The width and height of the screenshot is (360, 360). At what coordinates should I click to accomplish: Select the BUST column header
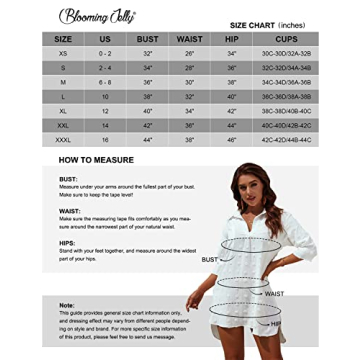(147, 39)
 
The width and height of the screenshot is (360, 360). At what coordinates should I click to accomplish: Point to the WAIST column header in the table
(189, 39)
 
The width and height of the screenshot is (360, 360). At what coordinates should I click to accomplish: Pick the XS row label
(63, 53)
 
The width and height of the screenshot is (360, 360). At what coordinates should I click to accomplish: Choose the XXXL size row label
(63, 139)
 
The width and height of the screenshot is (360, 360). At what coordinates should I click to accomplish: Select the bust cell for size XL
(147, 110)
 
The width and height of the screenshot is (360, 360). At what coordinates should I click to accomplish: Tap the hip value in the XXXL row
(232, 139)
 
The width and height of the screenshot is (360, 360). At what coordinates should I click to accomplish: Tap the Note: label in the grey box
(66, 305)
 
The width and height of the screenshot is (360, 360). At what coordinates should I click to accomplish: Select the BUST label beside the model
(209, 259)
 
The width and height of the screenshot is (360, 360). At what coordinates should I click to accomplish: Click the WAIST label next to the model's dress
(273, 293)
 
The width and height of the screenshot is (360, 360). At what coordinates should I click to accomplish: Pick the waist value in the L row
(189, 96)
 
